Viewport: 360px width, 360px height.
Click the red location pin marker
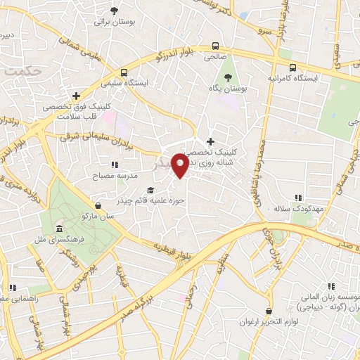180,165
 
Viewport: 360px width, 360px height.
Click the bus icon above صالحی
215,46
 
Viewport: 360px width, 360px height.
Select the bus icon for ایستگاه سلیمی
124,72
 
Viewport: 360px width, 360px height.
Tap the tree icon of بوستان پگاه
226,77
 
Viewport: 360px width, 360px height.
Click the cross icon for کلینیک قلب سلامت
75,95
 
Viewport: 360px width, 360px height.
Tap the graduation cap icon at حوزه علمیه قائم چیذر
150,190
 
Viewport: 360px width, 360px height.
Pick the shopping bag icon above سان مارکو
98,205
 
